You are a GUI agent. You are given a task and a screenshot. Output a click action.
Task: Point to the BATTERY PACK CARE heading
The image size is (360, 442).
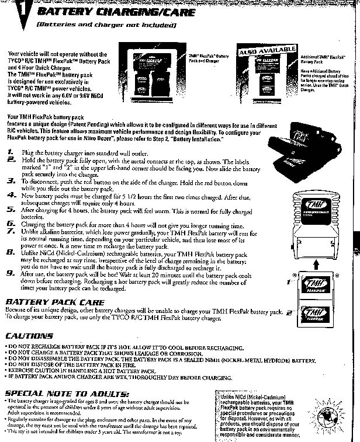coord(54,302)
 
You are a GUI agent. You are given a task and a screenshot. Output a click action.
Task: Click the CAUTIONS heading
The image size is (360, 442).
coord(29,336)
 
